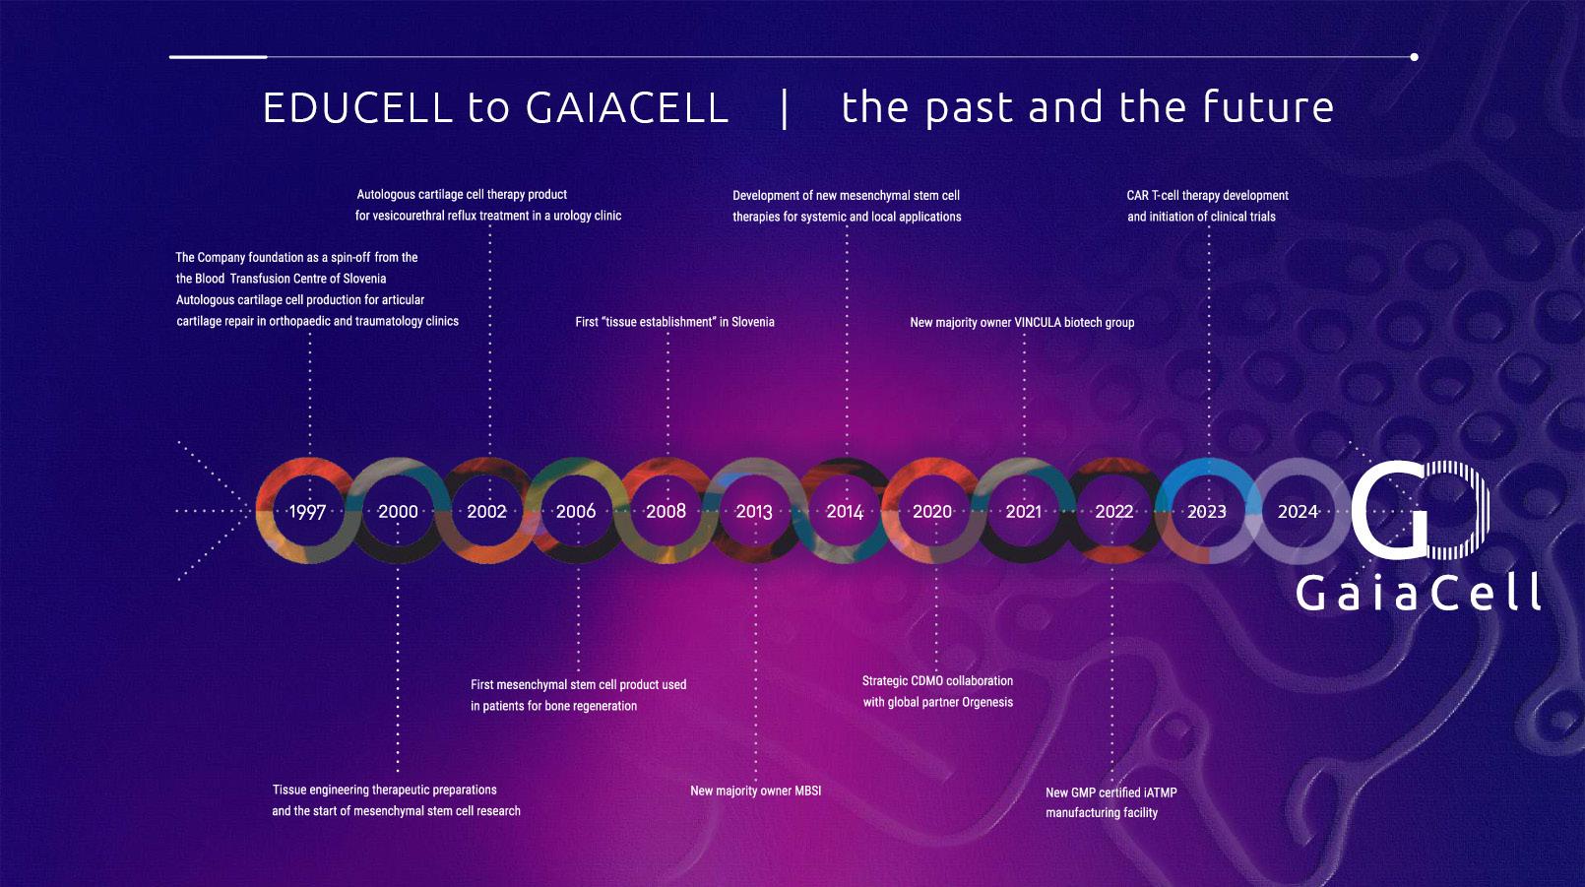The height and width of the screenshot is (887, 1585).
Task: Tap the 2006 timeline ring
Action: tap(532, 511)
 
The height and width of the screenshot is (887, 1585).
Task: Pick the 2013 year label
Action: tap(754, 511)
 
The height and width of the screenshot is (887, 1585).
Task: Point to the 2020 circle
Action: tap(889, 511)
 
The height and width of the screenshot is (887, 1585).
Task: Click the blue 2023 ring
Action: tap(1207, 467)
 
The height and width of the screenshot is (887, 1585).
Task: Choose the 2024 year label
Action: tap(1298, 511)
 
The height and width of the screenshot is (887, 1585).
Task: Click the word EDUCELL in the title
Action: tap(357, 107)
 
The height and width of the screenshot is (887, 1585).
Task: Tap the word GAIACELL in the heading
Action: tap(627, 107)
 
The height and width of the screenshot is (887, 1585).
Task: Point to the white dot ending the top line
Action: tap(1415, 57)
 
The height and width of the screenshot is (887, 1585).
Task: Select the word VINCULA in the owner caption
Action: tap(1038, 323)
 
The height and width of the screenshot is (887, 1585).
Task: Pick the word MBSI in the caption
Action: tap(807, 791)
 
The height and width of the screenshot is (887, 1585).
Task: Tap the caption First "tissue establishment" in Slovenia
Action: tap(675, 322)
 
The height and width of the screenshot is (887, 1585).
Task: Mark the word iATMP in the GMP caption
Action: tap(1161, 792)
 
